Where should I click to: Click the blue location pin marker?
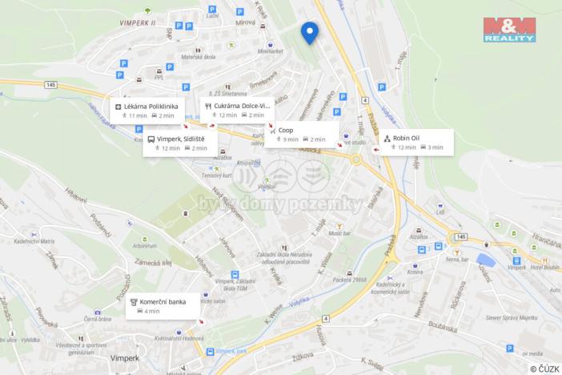(309, 32)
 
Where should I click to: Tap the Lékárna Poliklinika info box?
(150, 110)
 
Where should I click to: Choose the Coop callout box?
(303, 134)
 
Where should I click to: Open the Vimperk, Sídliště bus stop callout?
(178, 143)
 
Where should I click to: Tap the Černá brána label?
(97, 318)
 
